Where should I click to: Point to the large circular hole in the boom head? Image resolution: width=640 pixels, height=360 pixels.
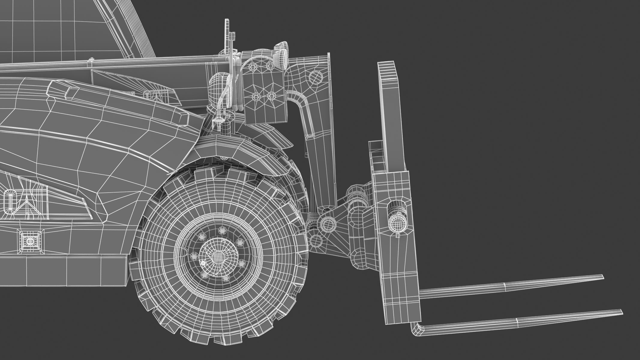point(315,78)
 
